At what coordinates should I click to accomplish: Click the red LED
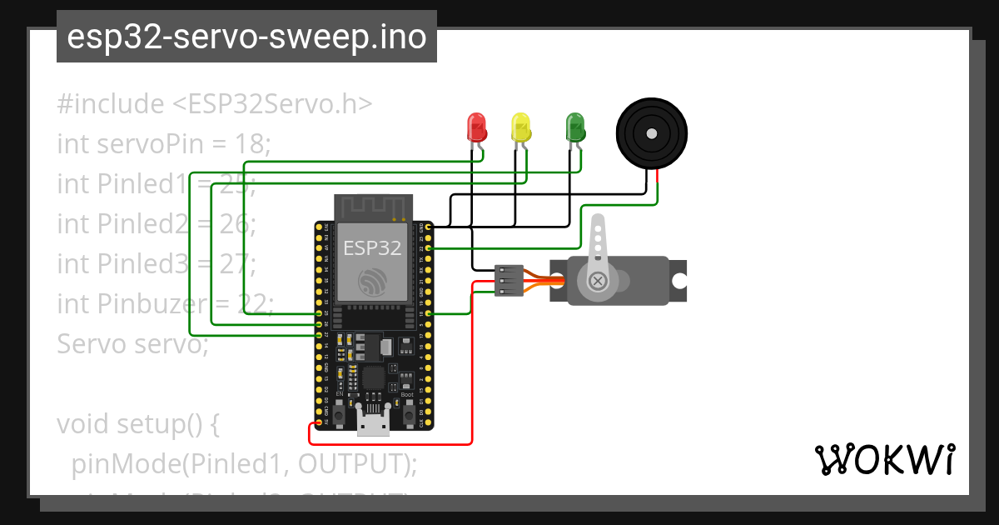476,127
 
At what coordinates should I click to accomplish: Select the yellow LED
520,127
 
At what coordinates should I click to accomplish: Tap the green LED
574,127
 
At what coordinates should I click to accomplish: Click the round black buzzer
652,132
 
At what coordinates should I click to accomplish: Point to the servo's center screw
597,281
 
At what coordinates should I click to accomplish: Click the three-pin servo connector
509,281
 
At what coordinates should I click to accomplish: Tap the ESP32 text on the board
373,247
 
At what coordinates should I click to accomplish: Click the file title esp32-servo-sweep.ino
246,37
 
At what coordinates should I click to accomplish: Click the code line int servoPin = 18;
164,144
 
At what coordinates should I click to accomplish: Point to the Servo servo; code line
132,343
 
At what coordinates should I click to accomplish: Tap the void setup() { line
137,423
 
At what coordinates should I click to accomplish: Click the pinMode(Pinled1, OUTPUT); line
244,463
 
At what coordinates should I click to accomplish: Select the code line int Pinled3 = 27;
156,263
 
